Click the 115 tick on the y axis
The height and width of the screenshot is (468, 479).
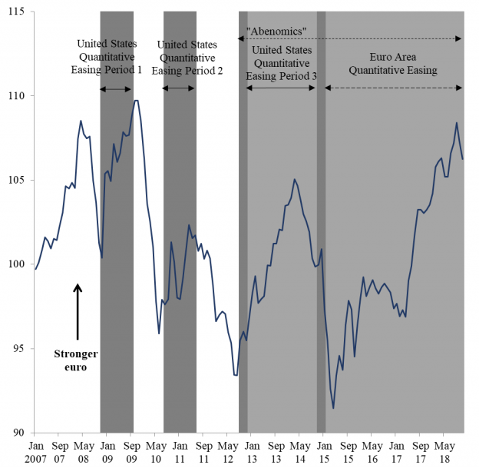16,12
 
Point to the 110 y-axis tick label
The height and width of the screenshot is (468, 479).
16,96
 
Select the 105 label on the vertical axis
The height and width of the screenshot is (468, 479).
16,181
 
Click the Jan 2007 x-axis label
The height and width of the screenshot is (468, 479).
36,452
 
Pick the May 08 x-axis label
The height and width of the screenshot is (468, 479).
84,452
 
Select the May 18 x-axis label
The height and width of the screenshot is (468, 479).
444,452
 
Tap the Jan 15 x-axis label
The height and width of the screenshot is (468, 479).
324,452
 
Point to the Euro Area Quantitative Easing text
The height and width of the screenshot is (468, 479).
392,64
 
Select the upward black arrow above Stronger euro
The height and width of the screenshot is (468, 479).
78,311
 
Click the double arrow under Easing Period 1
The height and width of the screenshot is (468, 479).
117,89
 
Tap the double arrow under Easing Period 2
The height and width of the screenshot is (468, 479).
180,89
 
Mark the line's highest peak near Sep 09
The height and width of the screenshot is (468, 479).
136,100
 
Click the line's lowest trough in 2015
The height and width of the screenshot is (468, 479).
333,408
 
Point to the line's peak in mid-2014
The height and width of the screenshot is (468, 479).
295,179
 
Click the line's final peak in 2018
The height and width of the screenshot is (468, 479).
457,123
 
